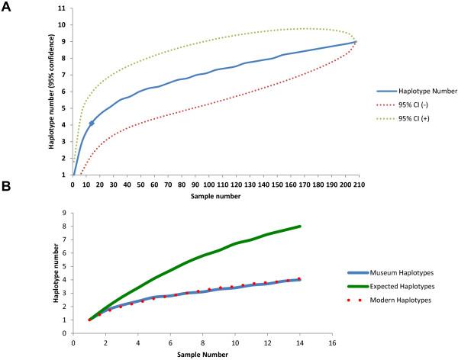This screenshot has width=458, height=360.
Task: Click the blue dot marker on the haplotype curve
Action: tap(92, 123)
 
